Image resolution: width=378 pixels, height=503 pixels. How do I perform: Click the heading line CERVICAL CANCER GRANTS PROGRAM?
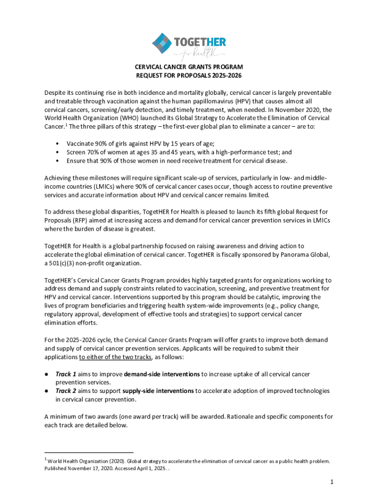[189, 66]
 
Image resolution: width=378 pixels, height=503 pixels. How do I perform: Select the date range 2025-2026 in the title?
[225, 75]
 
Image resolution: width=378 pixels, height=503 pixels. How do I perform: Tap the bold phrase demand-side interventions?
[162, 374]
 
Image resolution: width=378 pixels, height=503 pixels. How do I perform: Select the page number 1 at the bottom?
[331, 482]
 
